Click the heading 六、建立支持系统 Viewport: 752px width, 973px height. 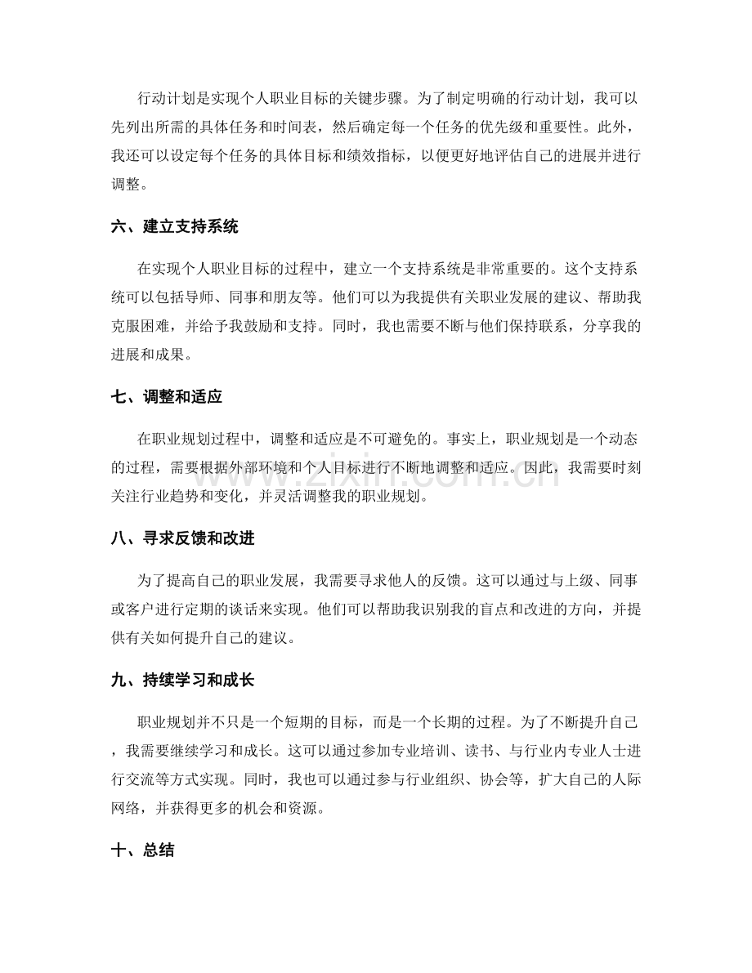[x=173, y=228]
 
